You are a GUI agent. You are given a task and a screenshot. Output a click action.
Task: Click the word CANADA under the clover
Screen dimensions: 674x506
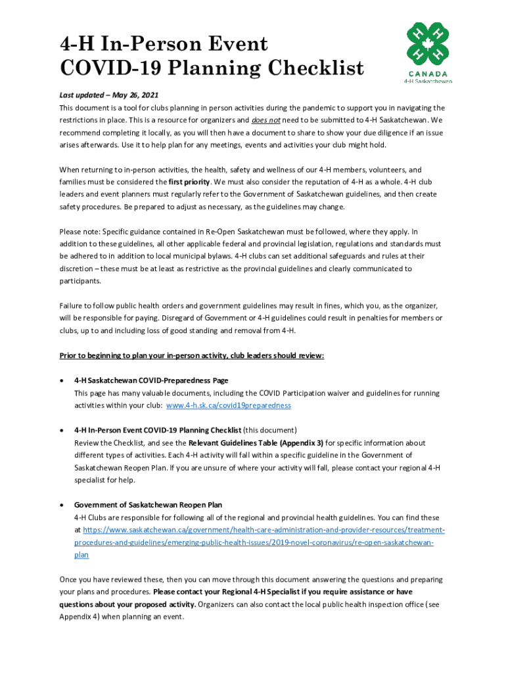[x=427, y=74]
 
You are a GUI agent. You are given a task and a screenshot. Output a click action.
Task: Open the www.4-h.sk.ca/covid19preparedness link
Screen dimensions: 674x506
[x=229, y=405]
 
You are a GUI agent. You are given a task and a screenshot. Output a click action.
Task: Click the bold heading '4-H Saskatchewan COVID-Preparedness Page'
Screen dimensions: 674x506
[x=151, y=380]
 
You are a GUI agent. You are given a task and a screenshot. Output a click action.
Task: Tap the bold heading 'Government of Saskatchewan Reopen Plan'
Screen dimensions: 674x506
[x=148, y=505]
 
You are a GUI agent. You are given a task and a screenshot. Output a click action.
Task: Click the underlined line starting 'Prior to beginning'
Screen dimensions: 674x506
[x=192, y=355]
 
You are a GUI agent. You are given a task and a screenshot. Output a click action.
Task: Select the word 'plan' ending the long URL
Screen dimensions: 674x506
[x=81, y=555]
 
